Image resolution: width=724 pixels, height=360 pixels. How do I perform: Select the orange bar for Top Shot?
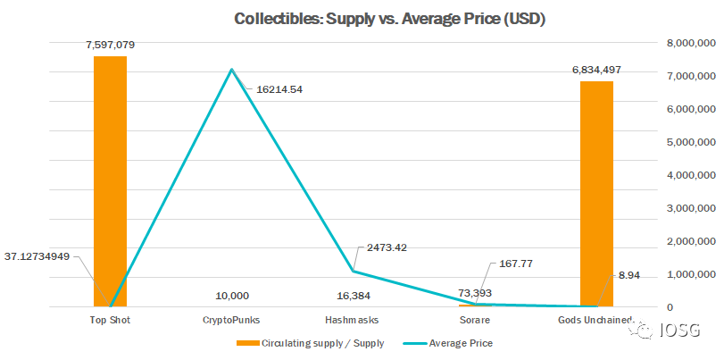pos(111,179)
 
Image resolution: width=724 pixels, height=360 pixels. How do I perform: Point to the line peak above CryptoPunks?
pos(232,70)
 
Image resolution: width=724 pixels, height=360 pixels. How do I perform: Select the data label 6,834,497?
pos(597,69)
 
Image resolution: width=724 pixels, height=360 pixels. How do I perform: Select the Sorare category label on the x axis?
pos(475,319)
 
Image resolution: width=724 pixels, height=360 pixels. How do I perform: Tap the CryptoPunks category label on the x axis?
pos(232,319)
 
